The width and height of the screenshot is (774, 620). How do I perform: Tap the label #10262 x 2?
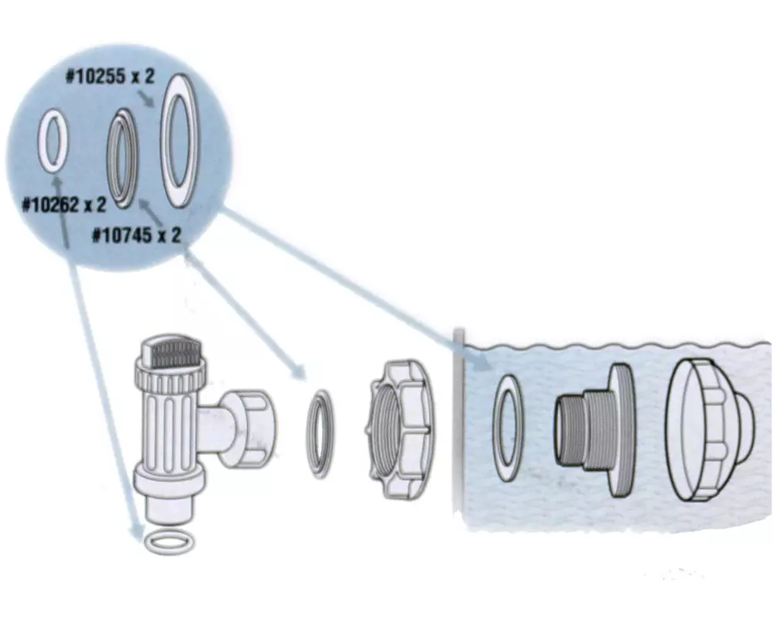(64, 205)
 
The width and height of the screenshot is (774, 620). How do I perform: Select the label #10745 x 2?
(136, 234)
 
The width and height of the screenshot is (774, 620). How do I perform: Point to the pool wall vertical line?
(458, 426)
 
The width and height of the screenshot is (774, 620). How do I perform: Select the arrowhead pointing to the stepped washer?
(295, 371)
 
